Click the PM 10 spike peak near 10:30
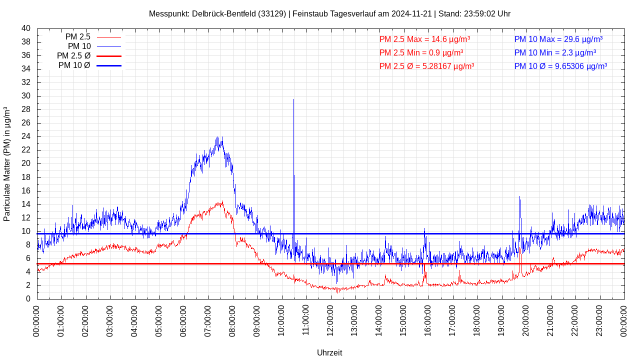293,99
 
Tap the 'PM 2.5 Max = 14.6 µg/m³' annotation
424,39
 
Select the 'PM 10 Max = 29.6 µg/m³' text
558,39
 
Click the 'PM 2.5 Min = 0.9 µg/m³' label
421,52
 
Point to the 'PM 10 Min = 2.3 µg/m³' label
555,52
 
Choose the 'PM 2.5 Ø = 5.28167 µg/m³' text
426,66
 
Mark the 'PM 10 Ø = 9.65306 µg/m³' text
560,66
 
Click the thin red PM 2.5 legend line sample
109,37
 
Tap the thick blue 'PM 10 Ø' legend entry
109,65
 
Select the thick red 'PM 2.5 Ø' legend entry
109,56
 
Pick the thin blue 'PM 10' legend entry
109,46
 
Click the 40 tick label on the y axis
26,28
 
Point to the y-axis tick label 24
26,136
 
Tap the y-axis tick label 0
28,299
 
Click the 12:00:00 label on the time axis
330,320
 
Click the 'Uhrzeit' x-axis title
329,352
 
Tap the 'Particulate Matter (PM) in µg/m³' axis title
7,163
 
